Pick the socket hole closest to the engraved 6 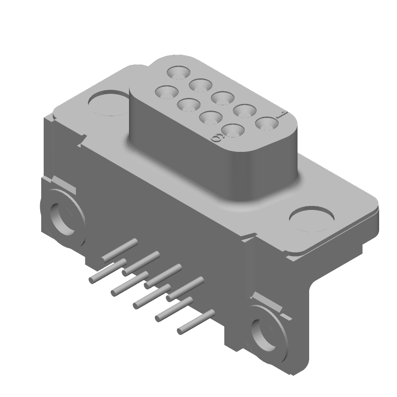[x=232, y=131]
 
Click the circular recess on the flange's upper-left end [x=109, y=103]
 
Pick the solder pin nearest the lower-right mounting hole [x=196, y=321]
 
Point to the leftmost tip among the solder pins [x=91, y=281]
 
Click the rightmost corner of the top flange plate [x=378, y=201]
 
